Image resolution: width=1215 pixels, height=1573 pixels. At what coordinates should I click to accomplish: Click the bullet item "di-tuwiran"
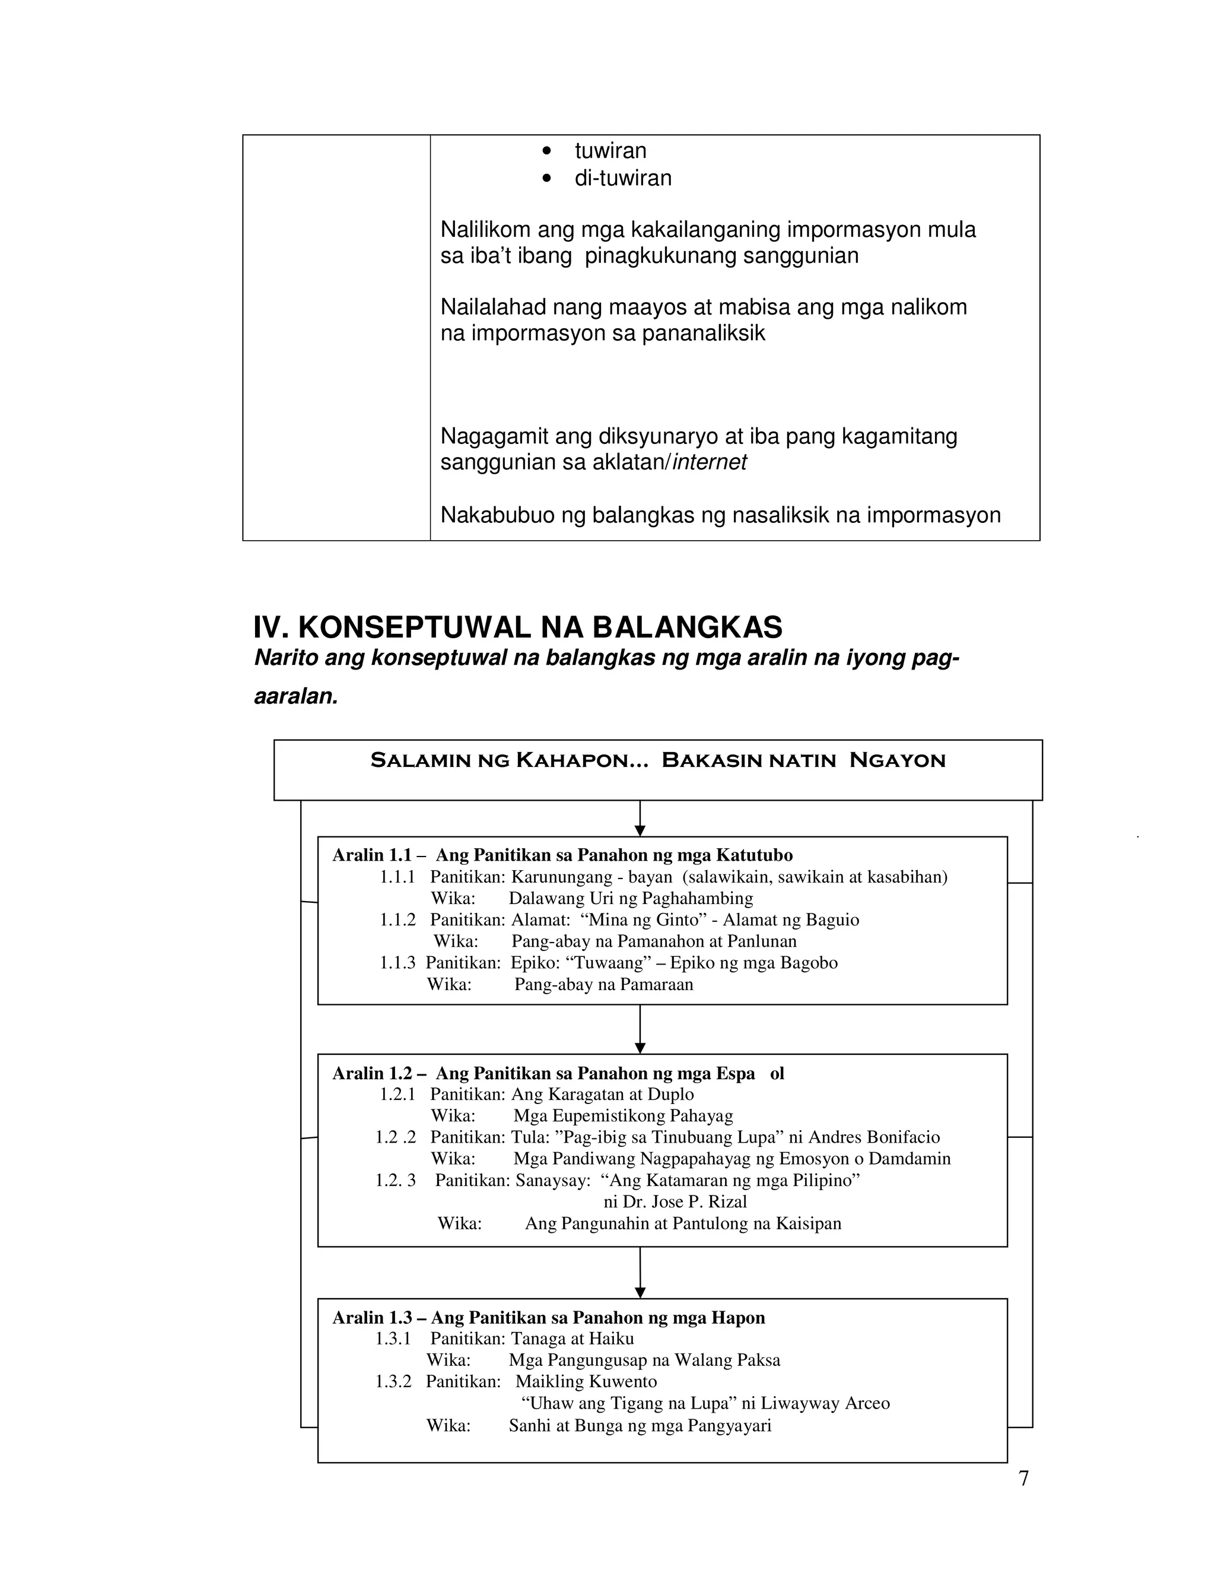coord(622,178)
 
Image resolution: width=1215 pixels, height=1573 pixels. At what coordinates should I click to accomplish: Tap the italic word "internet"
coord(709,462)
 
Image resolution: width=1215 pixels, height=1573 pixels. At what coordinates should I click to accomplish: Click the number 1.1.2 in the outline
coord(397,919)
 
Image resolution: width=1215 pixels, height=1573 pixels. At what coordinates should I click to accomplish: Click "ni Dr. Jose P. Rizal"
coord(675,1201)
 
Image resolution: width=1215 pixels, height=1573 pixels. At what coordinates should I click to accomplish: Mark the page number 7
coord(1023,1478)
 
